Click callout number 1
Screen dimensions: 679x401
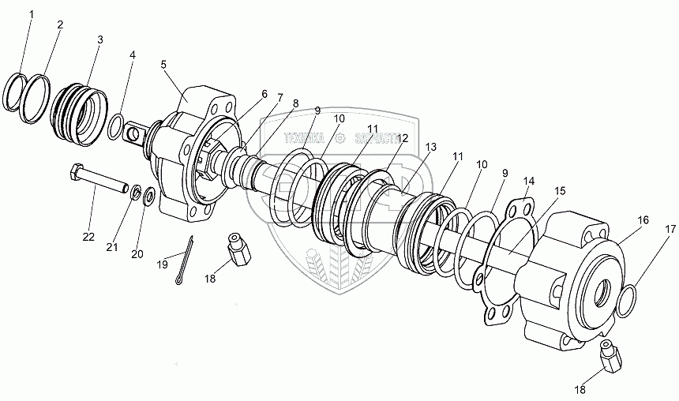[x=31, y=14]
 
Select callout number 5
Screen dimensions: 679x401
[x=163, y=64]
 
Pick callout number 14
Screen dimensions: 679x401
[x=528, y=182]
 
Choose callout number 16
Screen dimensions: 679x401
[x=643, y=220]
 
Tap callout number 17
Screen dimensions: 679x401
[x=670, y=229]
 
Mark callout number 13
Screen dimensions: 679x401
[x=430, y=147]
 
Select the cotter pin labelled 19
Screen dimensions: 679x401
[x=186, y=254]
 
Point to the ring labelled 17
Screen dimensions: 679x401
[x=626, y=299]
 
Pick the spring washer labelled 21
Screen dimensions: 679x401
[x=136, y=192]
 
